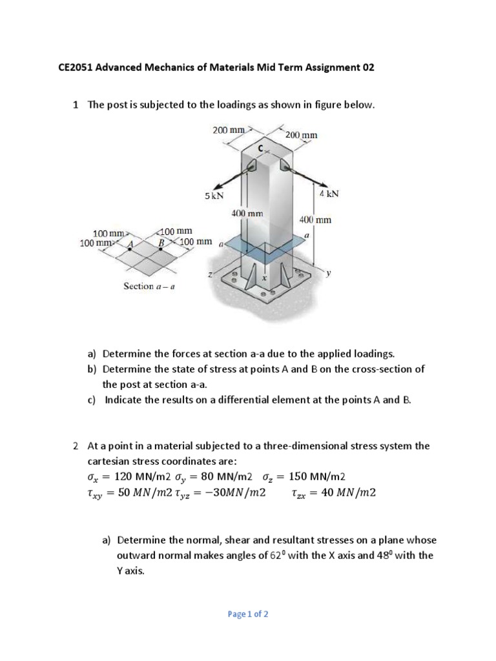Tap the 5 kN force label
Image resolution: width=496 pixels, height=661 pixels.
pos(214,196)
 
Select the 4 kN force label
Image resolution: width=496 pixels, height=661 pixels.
pos(329,193)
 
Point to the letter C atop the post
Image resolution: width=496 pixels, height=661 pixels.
pos(262,148)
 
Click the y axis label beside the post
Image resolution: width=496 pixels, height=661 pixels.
pos(328,273)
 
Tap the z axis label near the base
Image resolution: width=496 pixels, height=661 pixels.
pos(209,275)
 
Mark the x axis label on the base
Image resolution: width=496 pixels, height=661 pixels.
pos(263,278)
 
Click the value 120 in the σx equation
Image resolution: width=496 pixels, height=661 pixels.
pos(123,477)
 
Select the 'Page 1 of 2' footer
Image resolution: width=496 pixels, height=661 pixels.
pos(248,614)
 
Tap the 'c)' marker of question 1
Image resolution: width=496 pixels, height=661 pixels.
pos(92,400)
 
